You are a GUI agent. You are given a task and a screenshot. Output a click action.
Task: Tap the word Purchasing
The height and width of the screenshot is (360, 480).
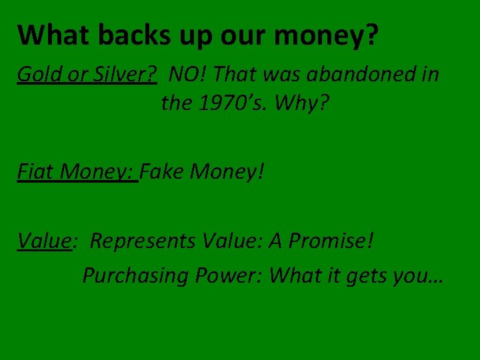click(x=135, y=275)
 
